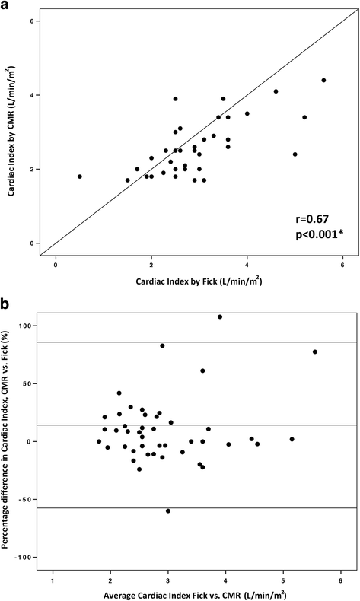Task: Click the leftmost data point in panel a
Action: click(79, 176)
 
